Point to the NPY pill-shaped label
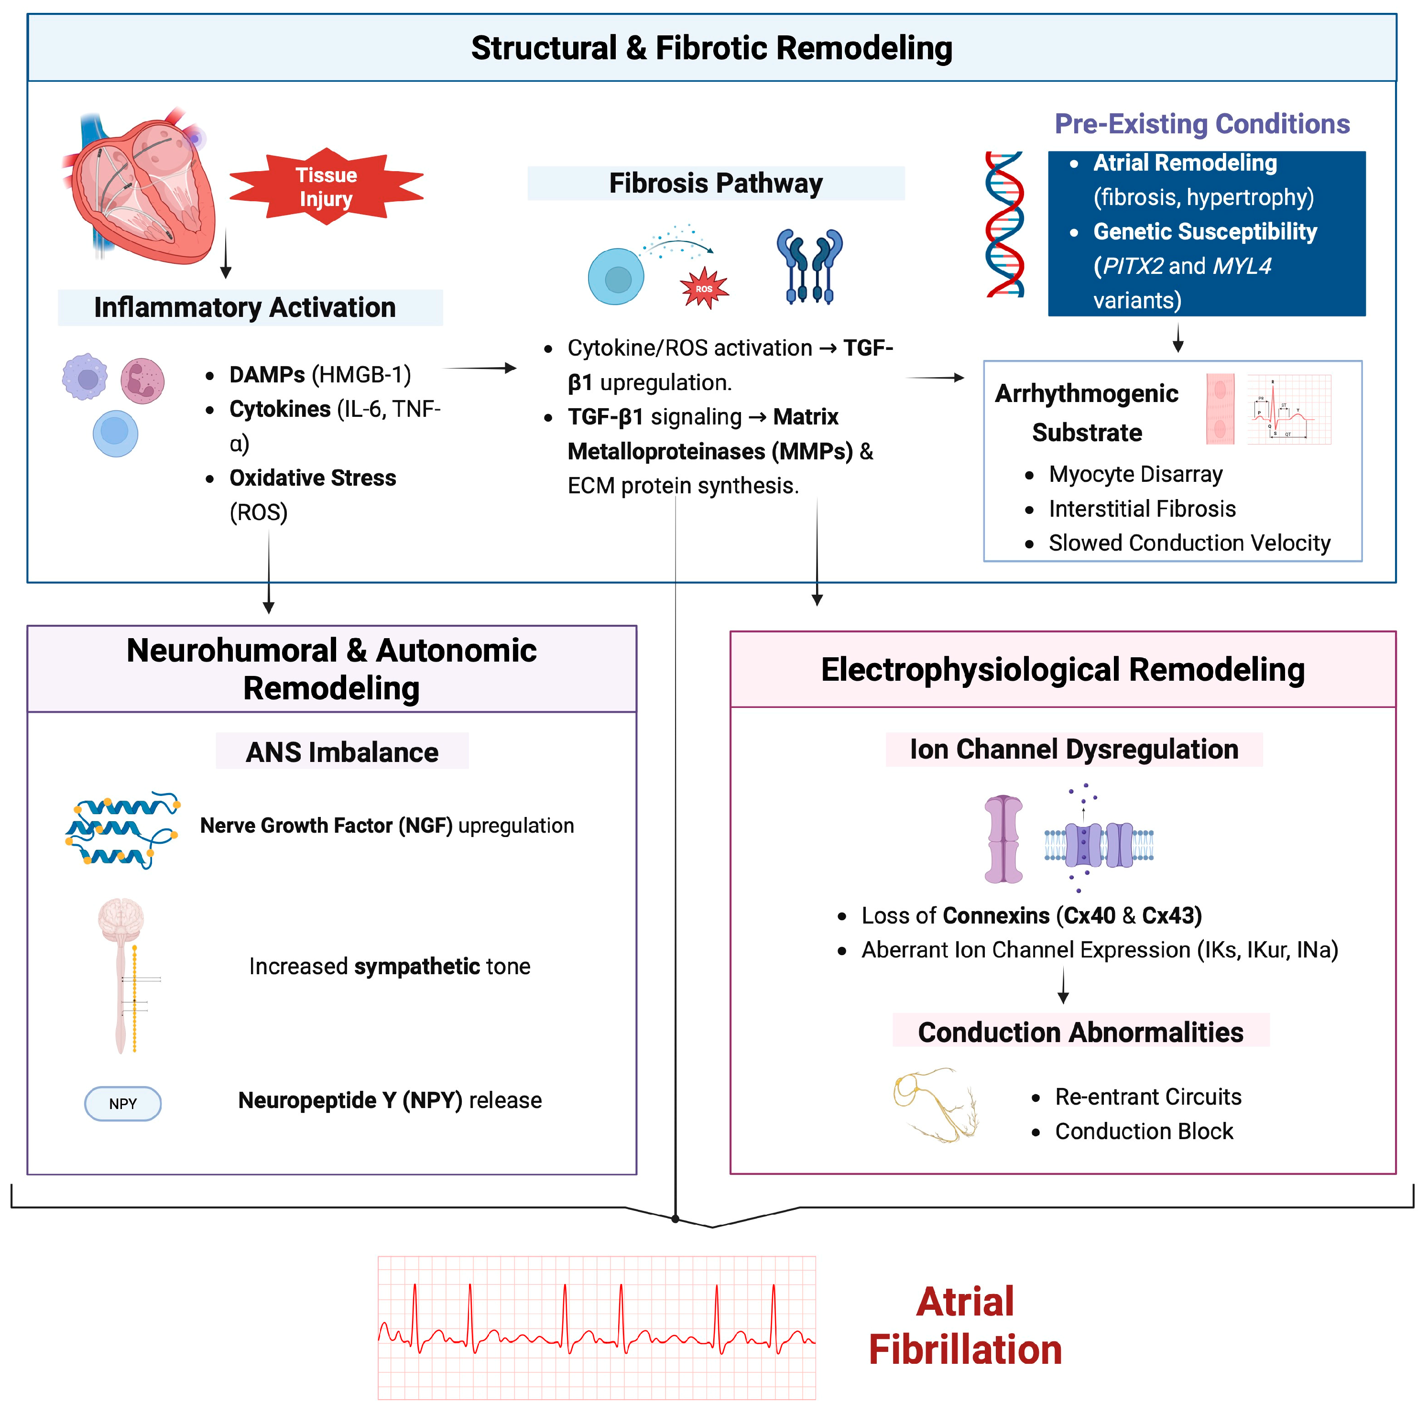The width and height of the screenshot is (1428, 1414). [x=123, y=1104]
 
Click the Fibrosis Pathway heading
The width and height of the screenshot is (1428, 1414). [x=716, y=183]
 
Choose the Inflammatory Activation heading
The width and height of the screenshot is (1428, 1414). [x=245, y=307]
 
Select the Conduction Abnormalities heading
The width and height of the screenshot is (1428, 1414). [x=1080, y=1032]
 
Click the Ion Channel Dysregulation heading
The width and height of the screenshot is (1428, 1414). [x=1074, y=749]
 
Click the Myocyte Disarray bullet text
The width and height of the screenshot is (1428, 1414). [x=1135, y=474]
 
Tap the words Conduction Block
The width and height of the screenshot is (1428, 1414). [x=1144, y=1131]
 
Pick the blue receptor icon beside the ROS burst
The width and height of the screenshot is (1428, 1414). [x=809, y=266]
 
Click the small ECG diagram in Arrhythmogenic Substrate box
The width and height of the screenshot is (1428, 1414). [x=1289, y=409]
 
